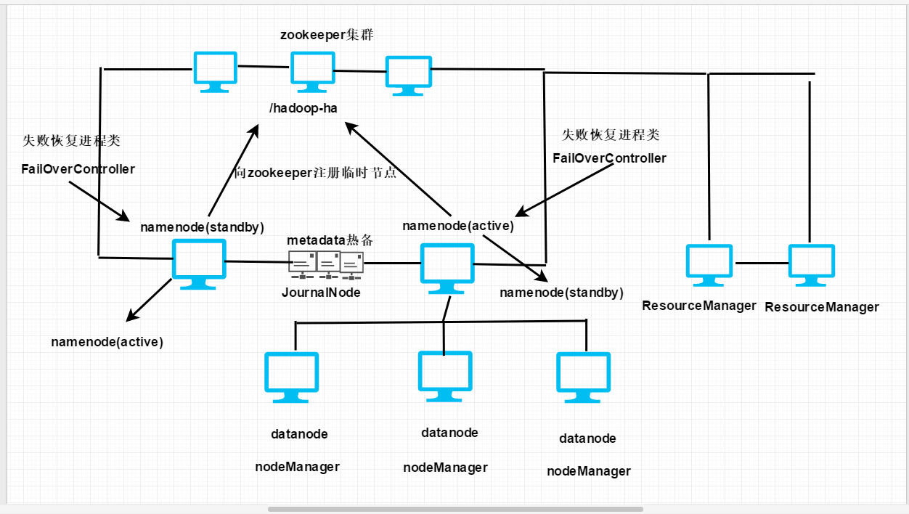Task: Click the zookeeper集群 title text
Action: (x=327, y=35)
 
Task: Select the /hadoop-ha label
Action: (x=303, y=109)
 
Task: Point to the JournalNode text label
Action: (x=321, y=293)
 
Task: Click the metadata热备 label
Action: (x=330, y=240)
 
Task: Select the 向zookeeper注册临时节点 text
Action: (x=316, y=174)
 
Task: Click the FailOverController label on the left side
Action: (x=78, y=169)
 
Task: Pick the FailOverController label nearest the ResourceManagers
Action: (x=609, y=158)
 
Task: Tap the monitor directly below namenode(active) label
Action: (x=447, y=266)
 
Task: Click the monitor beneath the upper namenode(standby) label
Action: (x=198, y=263)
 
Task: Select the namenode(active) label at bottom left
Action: (x=107, y=342)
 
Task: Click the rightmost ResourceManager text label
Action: (x=821, y=307)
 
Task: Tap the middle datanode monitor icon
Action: (x=445, y=375)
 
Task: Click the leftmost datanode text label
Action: (x=299, y=434)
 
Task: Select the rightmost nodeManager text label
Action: (x=589, y=471)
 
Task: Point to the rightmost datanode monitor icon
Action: (x=584, y=377)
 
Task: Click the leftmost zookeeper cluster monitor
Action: (x=215, y=70)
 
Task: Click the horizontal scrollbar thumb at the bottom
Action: (x=455, y=509)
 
